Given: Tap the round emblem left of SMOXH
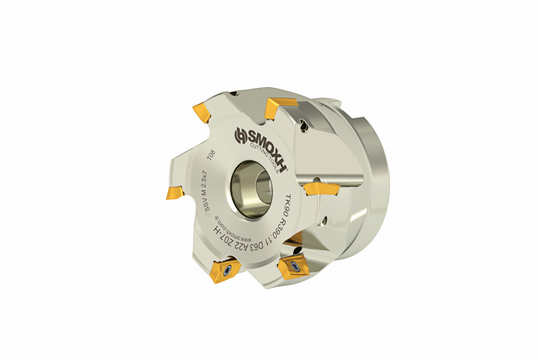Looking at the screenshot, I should tap(241, 135).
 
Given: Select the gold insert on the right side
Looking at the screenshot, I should tap(322, 188).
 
